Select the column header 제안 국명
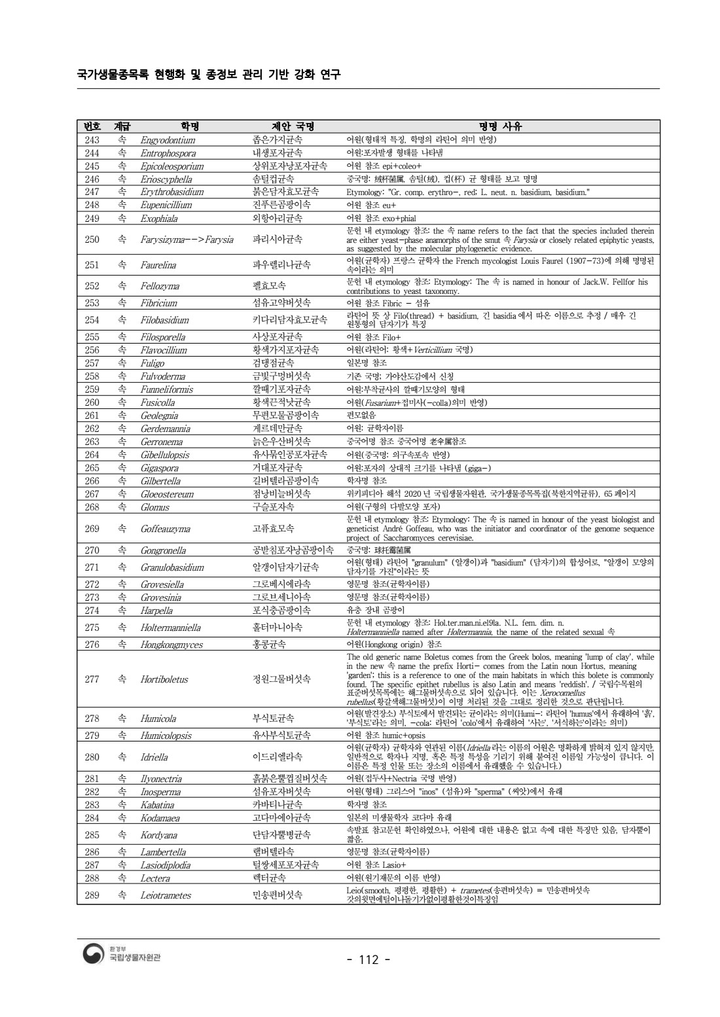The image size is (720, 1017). click(293, 126)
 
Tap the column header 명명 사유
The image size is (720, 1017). click(501, 126)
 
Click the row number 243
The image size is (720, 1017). click(92, 140)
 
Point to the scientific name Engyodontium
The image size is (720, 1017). click(168, 140)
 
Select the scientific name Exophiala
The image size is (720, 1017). click(159, 219)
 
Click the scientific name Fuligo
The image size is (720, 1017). click(153, 363)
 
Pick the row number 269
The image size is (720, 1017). click(92, 529)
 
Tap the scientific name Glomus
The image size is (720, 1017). click(154, 507)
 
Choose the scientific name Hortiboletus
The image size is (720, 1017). click(164, 679)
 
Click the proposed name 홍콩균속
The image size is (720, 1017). click(269, 645)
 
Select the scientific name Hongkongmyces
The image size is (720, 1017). click(171, 645)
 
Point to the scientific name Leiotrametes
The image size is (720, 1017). click(166, 895)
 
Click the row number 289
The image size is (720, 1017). click(92, 895)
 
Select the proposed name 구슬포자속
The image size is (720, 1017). click(273, 507)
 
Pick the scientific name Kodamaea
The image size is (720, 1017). click(161, 818)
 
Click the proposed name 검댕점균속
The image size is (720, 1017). click(273, 363)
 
